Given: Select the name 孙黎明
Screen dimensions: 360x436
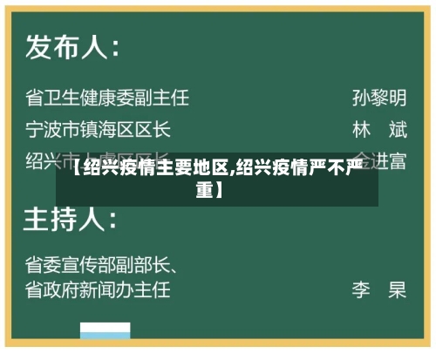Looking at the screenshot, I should (378, 96).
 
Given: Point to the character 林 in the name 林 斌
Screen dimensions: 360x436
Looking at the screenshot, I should (362, 130).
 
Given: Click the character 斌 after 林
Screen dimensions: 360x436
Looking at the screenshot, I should (398, 130).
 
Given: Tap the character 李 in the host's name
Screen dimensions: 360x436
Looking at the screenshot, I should (362, 289).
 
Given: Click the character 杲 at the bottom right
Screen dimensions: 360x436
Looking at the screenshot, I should (398, 289).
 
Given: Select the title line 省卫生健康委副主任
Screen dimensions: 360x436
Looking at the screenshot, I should (106, 96).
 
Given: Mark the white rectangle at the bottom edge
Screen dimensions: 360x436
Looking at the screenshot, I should (106, 335).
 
